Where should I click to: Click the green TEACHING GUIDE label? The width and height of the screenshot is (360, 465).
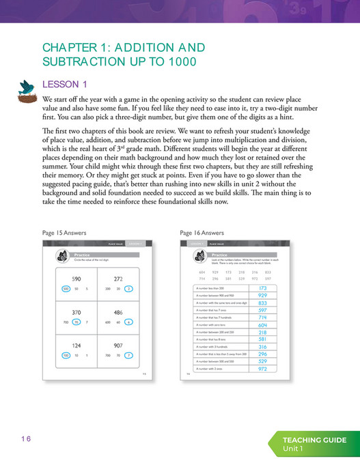(x=315, y=440)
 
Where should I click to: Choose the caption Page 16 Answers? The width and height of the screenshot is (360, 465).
(x=202, y=233)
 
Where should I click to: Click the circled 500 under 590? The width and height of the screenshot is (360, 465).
(x=66, y=289)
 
